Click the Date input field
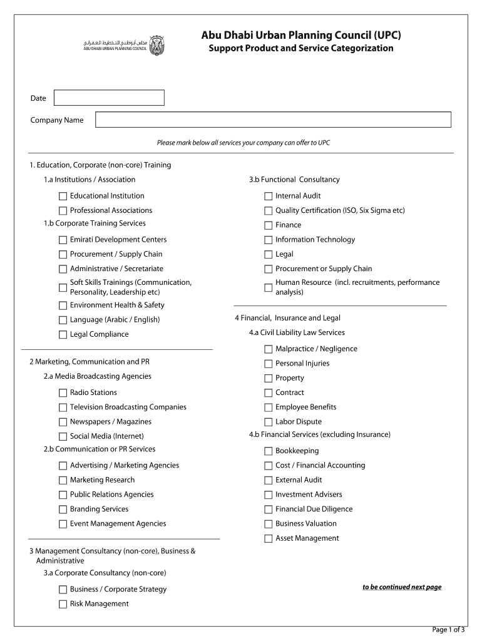click(109, 98)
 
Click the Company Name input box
click(273, 120)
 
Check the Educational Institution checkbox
click(63, 197)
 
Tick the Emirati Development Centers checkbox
click(63, 240)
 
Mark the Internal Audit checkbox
click(269, 197)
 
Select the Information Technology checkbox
click(269, 240)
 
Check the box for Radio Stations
click(63, 393)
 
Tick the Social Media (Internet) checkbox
click(63, 437)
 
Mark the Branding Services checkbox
click(63, 510)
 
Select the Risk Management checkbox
click(63, 604)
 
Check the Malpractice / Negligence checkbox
click(269, 349)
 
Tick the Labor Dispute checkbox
click(269, 423)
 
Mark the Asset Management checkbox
click(269, 539)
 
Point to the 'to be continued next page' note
click(402, 587)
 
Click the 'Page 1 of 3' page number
click(448, 630)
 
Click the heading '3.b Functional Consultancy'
click(294, 180)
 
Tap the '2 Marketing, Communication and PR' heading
click(90, 362)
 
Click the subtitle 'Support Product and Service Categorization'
click(300, 48)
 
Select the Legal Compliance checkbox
click(63, 335)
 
